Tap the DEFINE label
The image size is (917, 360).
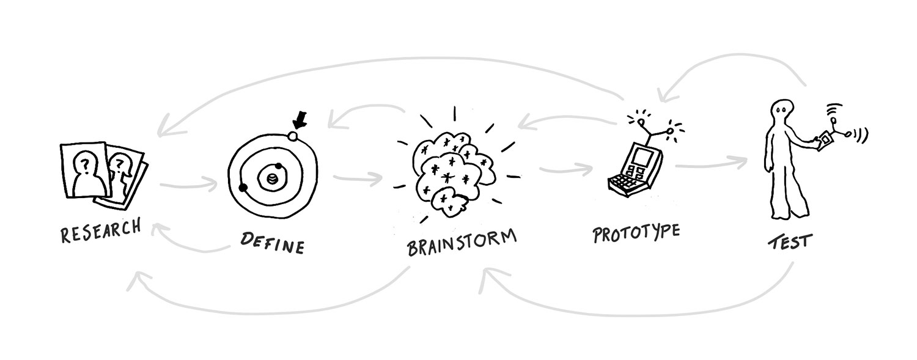coord(272,243)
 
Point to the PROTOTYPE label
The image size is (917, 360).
coord(636,233)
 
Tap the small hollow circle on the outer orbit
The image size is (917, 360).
coord(292,136)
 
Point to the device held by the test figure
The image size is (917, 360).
coord(825,139)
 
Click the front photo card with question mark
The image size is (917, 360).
coord(86,171)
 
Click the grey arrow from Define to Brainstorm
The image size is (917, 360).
coord(358,178)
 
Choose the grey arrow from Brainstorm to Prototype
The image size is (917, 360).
coord(565,169)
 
